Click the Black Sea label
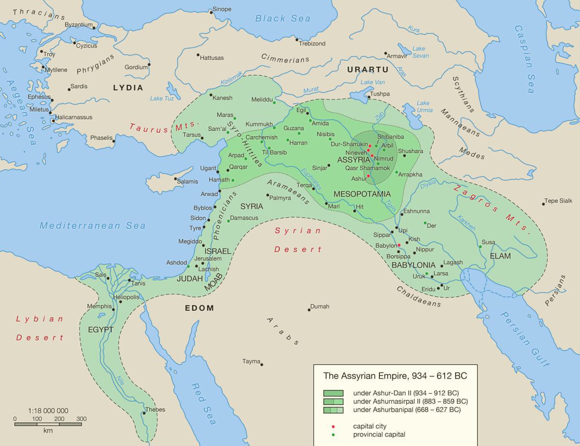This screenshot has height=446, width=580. [x=283, y=18]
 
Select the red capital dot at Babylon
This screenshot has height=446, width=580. [x=399, y=245]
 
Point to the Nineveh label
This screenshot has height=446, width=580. [x=356, y=152]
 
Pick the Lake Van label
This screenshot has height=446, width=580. [x=373, y=82]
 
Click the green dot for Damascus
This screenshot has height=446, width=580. [x=227, y=219]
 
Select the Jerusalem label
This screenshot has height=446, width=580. [x=207, y=259]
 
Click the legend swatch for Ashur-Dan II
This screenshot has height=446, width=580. [x=333, y=393]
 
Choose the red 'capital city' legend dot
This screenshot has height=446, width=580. [x=333, y=426]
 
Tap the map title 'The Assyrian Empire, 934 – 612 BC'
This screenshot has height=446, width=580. [x=395, y=376]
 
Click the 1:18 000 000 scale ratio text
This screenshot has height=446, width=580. [x=48, y=410]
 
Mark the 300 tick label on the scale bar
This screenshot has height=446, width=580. [x=81, y=418]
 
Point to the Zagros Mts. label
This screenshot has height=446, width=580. [x=492, y=207]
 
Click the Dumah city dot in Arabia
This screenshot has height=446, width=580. [x=309, y=309]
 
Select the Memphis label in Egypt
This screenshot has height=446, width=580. [x=99, y=307]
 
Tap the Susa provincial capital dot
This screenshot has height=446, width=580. [x=480, y=247]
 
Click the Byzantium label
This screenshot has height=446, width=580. [x=78, y=24]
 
